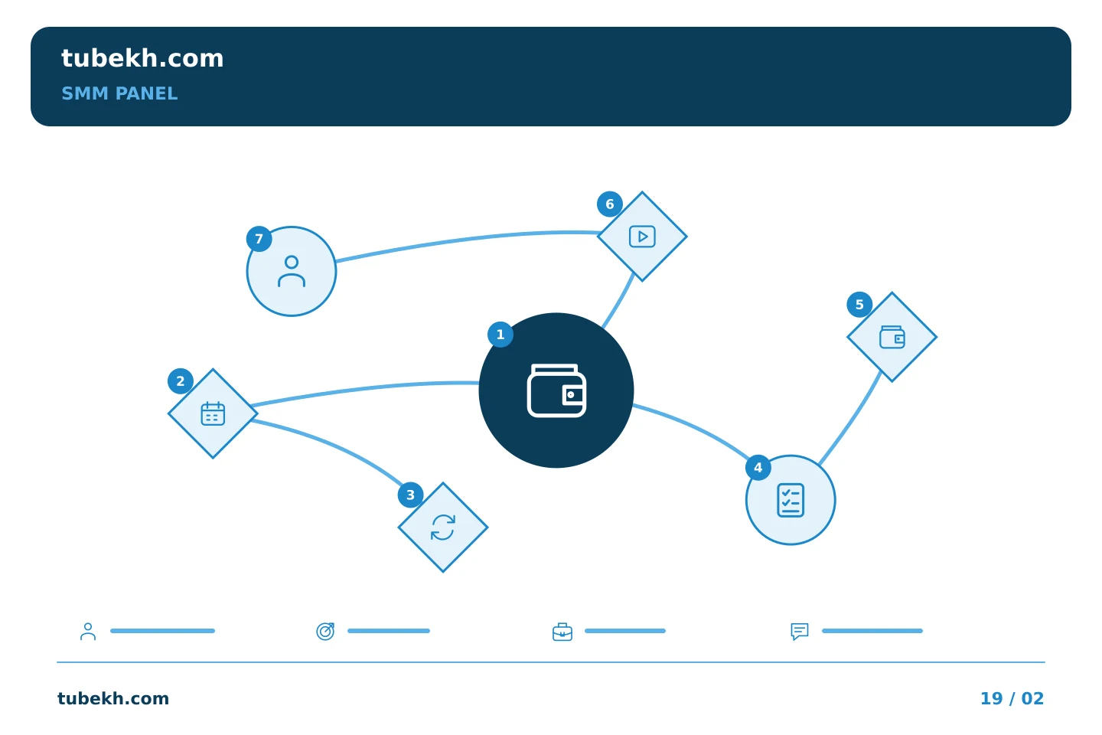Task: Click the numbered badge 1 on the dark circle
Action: tap(500, 335)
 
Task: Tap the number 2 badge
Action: tap(181, 381)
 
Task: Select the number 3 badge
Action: tap(411, 495)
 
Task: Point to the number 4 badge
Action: tap(758, 468)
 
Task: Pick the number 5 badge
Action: tap(859, 305)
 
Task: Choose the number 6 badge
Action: tap(610, 204)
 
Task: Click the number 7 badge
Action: tap(259, 239)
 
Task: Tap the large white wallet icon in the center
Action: tap(556, 390)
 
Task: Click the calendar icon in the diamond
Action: tap(213, 413)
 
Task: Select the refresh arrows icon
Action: tap(443, 528)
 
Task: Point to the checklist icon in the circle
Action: tap(791, 500)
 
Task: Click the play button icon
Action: tap(643, 237)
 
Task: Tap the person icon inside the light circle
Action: tap(292, 271)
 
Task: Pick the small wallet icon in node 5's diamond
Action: tap(892, 337)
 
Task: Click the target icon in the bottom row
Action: tap(325, 631)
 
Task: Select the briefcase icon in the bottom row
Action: tap(562, 632)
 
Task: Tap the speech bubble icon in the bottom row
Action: tap(800, 632)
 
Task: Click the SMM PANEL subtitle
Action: tap(119, 93)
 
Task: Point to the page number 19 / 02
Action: tap(1012, 698)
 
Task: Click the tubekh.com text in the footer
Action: tap(113, 698)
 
